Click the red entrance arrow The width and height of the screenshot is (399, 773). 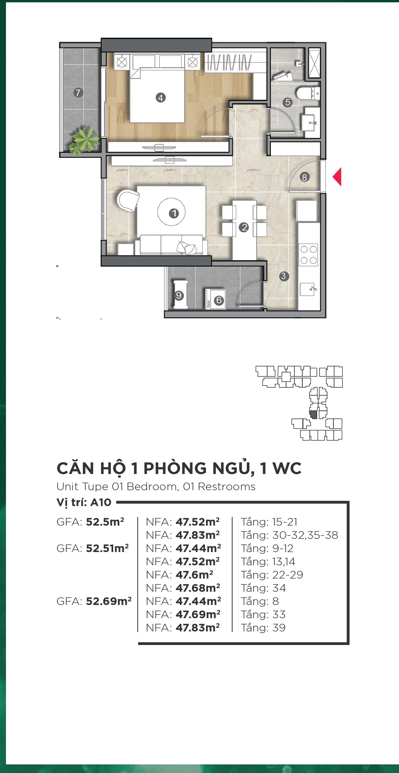(337, 177)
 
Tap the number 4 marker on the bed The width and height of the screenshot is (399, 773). (161, 98)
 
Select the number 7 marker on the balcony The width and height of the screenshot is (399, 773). (78, 93)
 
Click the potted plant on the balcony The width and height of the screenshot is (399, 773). (83, 141)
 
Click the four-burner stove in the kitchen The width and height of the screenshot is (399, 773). (309, 255)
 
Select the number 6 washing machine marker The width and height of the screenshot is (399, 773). (219, 300)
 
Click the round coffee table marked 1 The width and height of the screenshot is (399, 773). (172, 212)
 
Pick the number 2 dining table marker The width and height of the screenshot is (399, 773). (244, 227)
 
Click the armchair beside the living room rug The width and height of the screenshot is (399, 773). (128, 200)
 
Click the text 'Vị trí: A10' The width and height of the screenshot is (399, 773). (84, 502)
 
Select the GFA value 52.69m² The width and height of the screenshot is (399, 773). (109, 601)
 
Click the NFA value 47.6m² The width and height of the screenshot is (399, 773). (194, 575)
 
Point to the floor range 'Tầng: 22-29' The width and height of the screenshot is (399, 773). (272, 575)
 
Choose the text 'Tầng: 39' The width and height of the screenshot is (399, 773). (263, 627)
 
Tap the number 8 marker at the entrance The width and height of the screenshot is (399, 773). (305, 177)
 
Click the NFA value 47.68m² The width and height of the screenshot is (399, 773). (198, 588)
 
